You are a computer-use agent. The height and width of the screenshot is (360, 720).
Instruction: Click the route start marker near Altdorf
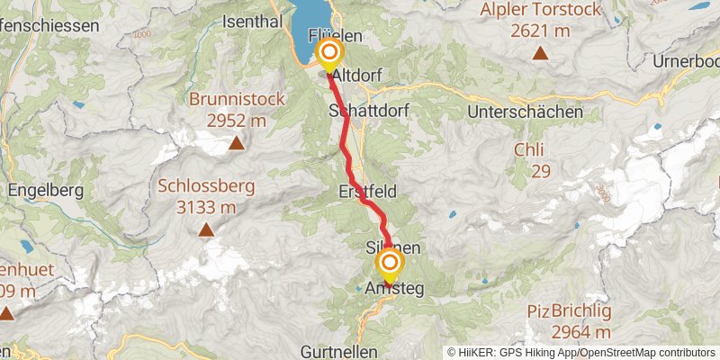[x=329, y=52]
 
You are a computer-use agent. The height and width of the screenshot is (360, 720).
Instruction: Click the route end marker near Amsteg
[x=390, y=262]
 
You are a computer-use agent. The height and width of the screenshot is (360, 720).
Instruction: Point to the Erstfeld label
[x=367, y=192]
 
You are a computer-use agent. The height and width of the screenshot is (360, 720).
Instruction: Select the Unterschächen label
[x=525, y=112]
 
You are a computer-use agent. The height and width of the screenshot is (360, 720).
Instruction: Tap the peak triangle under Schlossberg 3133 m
[x=206, y=230]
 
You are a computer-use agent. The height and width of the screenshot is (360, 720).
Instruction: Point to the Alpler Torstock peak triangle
[x=540, y=53]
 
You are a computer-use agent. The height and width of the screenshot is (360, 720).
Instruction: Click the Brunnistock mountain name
[x=235, y=99]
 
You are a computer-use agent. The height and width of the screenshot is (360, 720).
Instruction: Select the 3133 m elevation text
[x=206, y=209]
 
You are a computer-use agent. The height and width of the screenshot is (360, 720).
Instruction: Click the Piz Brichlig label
[x=571, y=311]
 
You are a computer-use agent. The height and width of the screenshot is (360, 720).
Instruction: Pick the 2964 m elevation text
[x=571, y=332]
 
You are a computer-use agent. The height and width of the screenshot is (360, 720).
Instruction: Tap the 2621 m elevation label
[x=540, y=31]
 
